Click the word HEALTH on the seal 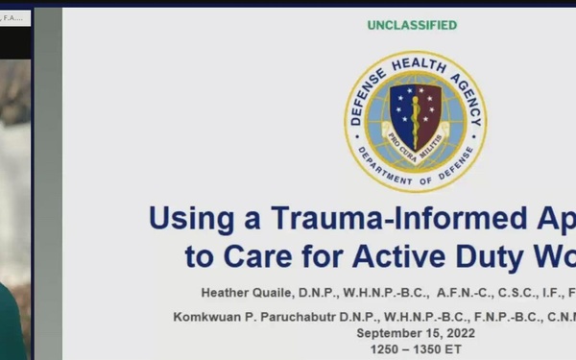click(x=416, y=63)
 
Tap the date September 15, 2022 click(x=416, y=333)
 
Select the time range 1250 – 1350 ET click(x=416, y=349)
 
